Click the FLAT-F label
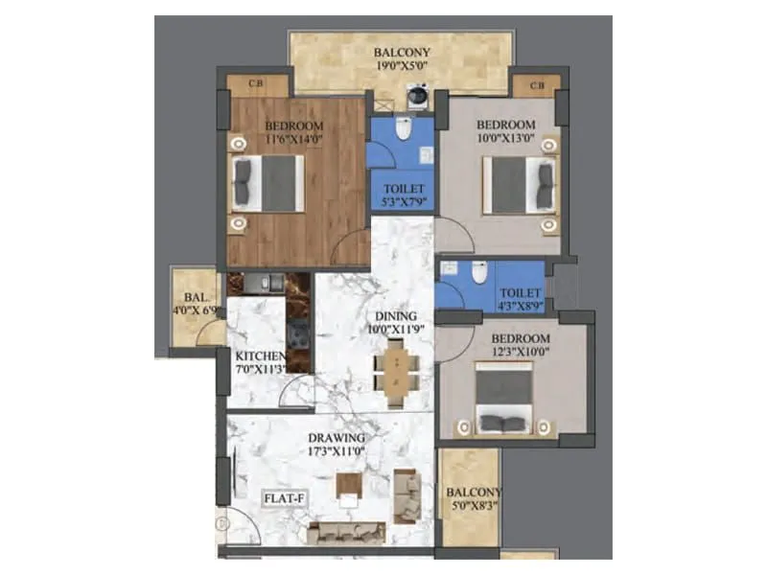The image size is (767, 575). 285,499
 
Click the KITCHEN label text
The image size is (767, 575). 261,357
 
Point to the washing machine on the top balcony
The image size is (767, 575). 417,96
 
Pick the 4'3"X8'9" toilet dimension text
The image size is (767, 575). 519,308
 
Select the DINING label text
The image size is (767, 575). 394,316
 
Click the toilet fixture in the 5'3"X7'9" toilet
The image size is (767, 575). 404,129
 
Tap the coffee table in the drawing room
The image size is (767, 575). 346,495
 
